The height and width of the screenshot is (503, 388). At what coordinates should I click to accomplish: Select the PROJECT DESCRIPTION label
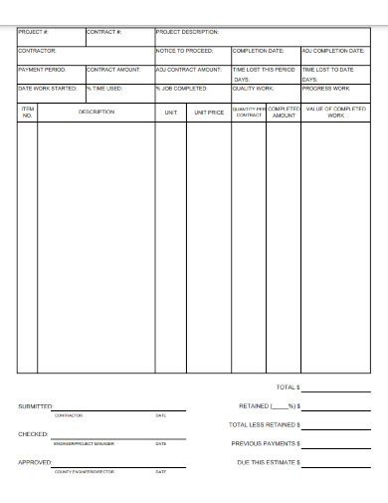188,32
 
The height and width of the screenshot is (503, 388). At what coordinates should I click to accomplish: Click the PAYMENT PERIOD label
41,70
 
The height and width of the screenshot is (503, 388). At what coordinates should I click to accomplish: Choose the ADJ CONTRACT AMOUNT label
189,70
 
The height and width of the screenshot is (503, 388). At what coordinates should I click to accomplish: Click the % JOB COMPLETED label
182,88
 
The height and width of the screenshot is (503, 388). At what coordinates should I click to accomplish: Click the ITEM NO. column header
28,112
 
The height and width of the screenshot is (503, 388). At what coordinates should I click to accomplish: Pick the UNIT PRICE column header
209,113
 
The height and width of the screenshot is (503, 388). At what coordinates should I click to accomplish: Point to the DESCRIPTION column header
97,112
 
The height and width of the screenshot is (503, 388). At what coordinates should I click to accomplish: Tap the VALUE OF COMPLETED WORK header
335,112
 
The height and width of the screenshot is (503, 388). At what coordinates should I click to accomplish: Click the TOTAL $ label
287,386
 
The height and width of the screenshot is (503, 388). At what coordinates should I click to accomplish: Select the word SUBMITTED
36,406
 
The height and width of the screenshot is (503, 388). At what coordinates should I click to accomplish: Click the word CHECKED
32,434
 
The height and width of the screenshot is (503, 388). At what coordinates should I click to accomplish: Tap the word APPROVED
35,462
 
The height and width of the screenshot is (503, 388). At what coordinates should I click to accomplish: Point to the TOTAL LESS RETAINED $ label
265,424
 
